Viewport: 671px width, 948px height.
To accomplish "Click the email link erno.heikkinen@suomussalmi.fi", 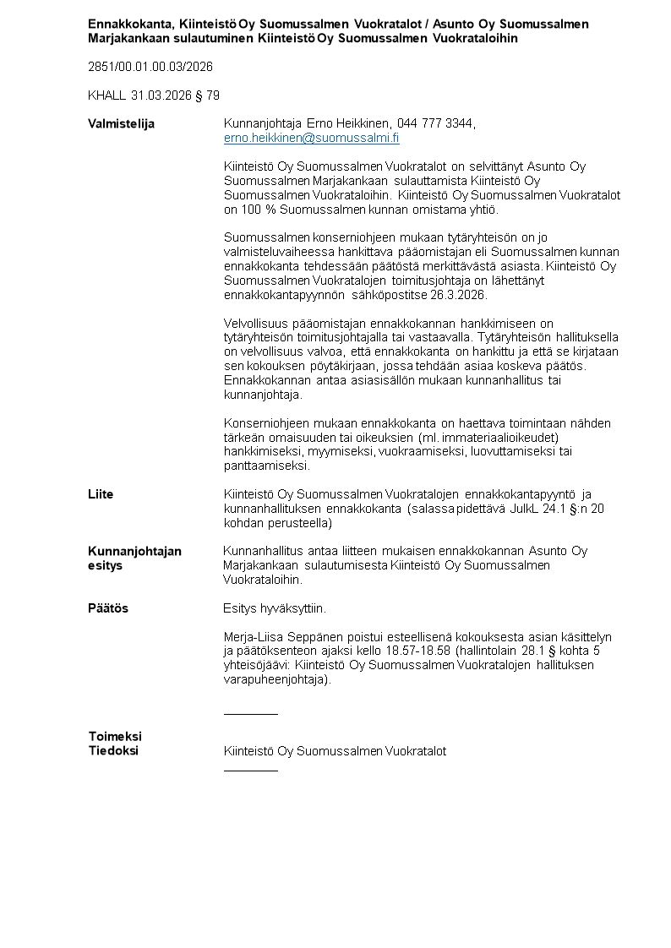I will pos(311,138).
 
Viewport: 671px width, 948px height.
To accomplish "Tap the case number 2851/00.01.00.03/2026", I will pos(150,67).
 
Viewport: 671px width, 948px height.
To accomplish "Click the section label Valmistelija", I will pos(122,123).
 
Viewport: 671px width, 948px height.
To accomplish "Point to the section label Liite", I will pos(101,493).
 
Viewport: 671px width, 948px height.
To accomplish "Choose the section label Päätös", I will pos(108,608).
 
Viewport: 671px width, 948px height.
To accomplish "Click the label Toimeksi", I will pos(115,736).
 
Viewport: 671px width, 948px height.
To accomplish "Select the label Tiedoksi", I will pos(113,750).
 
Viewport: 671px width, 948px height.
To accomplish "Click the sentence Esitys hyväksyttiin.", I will pos(275,608).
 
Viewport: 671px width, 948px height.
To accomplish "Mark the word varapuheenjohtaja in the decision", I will pos(275,679).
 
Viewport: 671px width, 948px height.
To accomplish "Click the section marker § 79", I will pos(207,95).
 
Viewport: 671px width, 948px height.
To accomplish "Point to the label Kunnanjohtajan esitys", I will pos(134,558).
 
